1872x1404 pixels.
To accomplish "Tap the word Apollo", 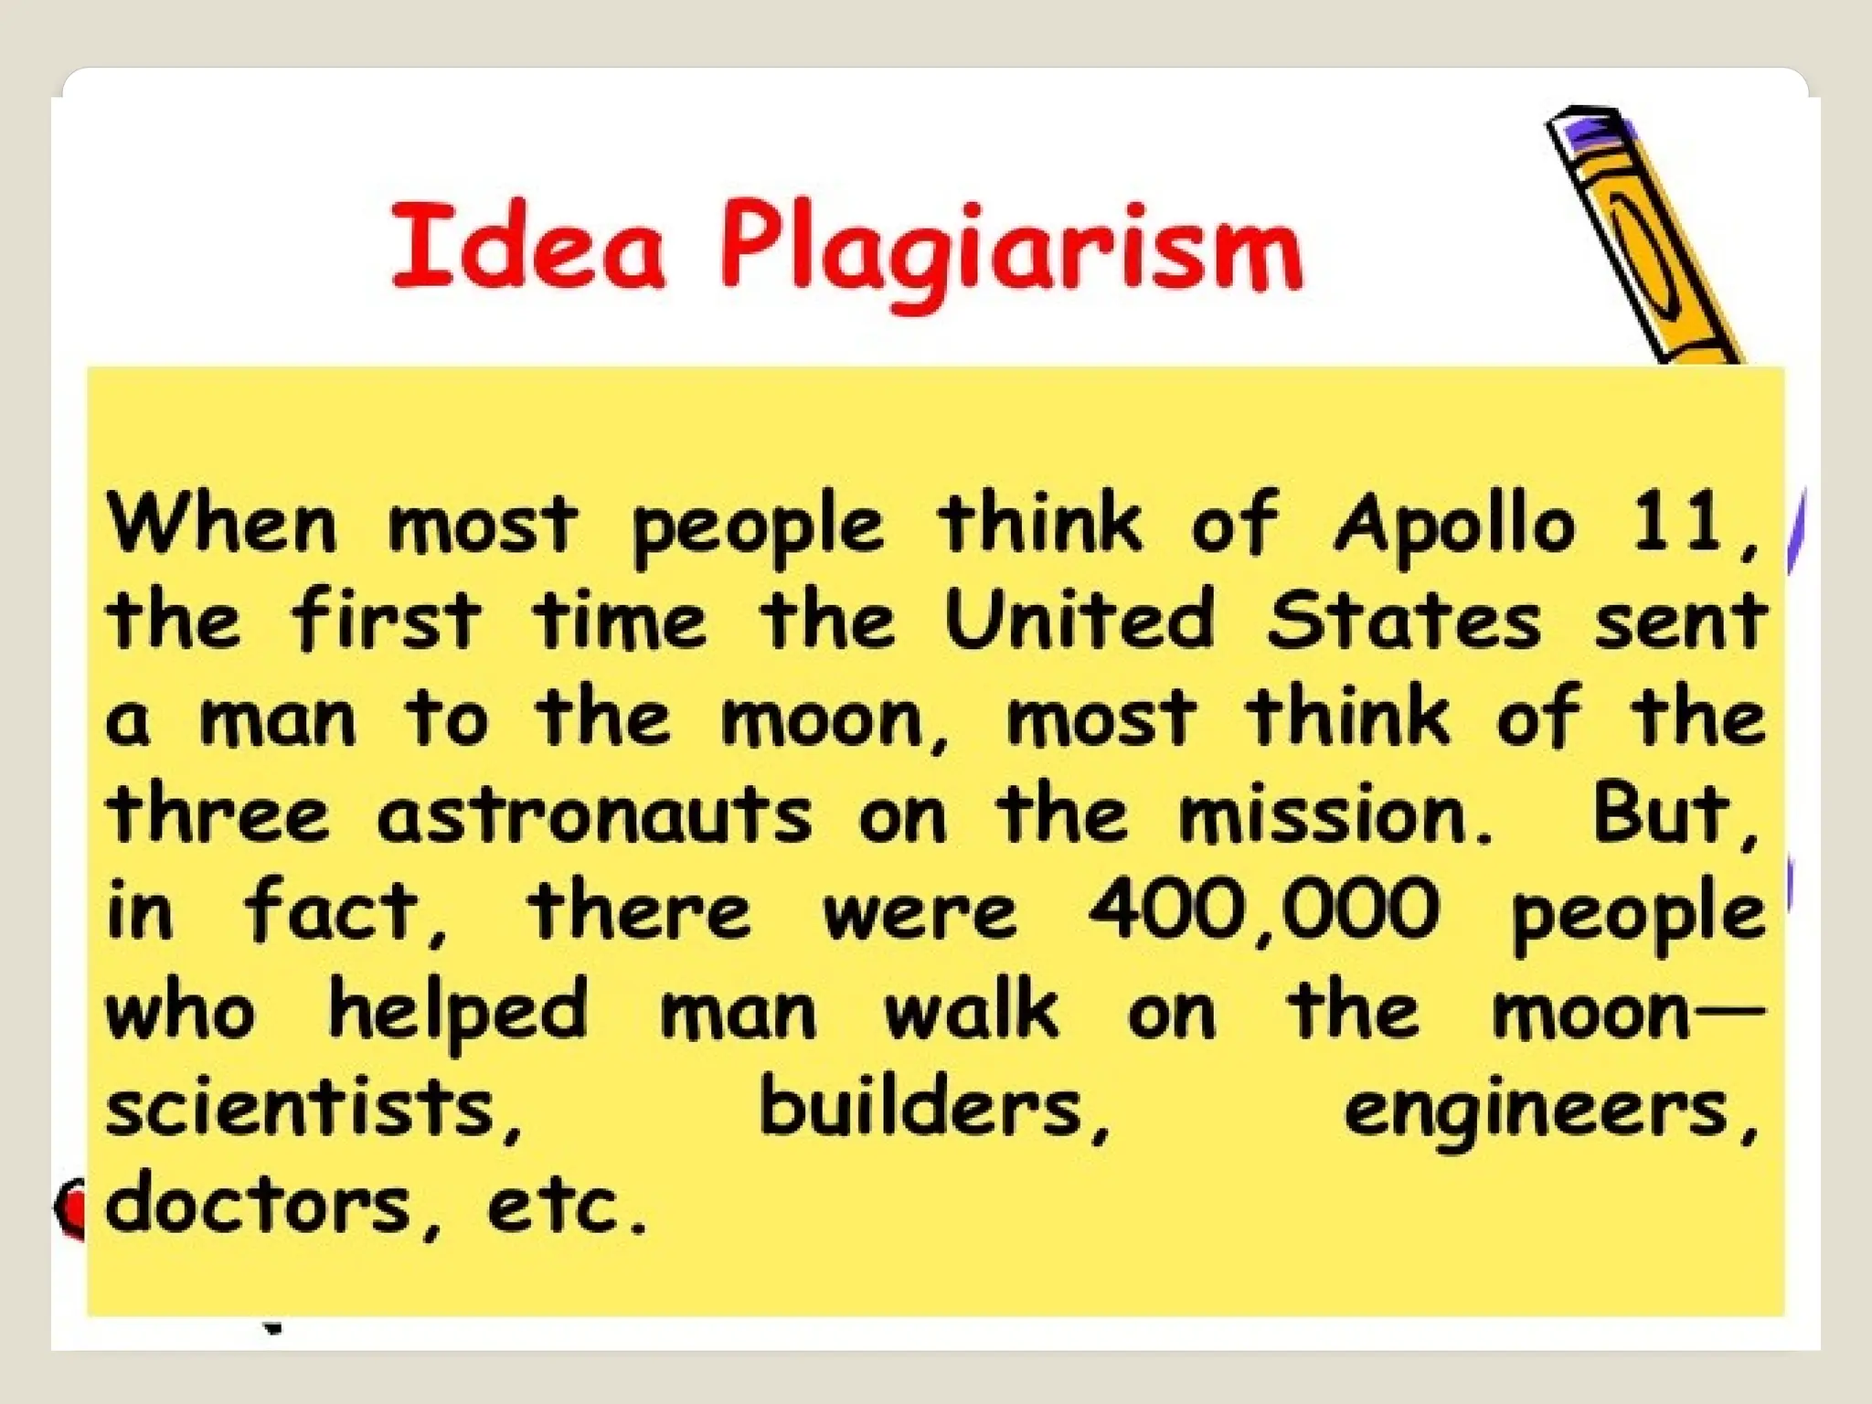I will click(1454, 526).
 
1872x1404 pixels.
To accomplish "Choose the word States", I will click(1403, 620).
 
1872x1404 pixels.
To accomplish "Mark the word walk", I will click(971, 1009).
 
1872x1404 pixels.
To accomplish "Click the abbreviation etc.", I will click(565, 1205).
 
